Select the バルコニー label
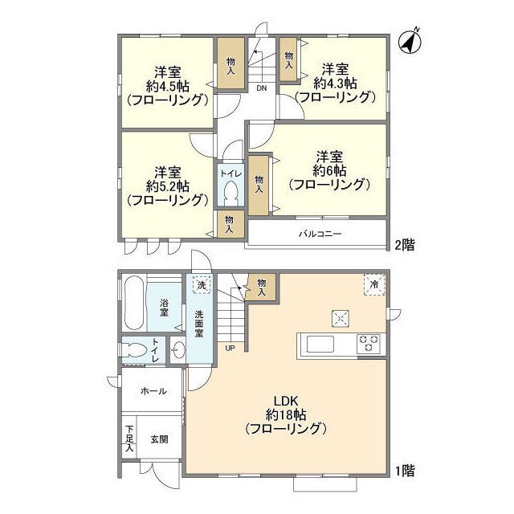(x=320, y=235)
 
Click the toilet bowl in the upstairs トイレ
(x=230, y=194)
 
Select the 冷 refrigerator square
(x=373, y=284)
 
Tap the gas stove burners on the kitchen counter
(x=369, y=344)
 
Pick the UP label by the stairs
(x=230, y=348)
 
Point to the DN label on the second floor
(x=262, y=88)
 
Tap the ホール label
(x=153, y=391)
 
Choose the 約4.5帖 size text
(x=168, y=84)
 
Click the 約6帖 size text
(x=330, y=170)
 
